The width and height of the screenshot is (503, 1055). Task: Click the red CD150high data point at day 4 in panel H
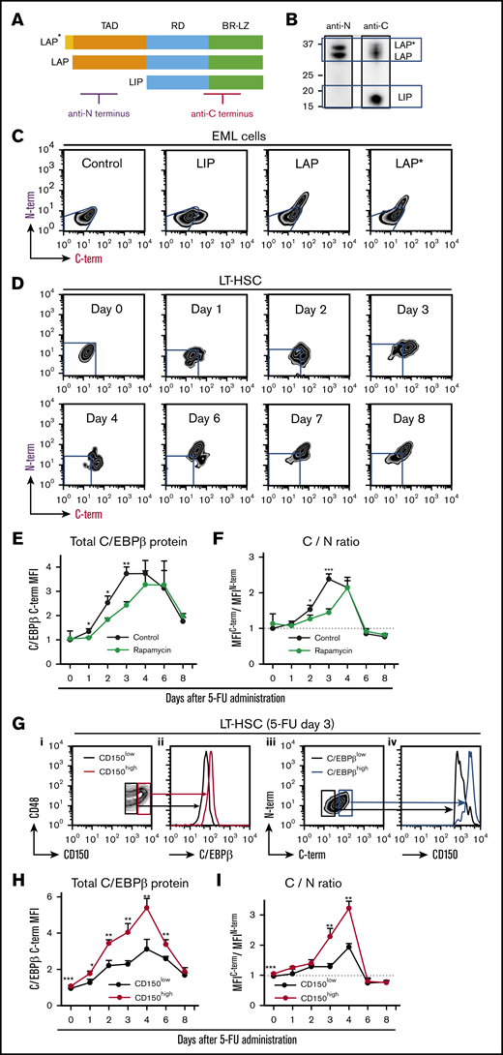[x=145, y=907]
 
